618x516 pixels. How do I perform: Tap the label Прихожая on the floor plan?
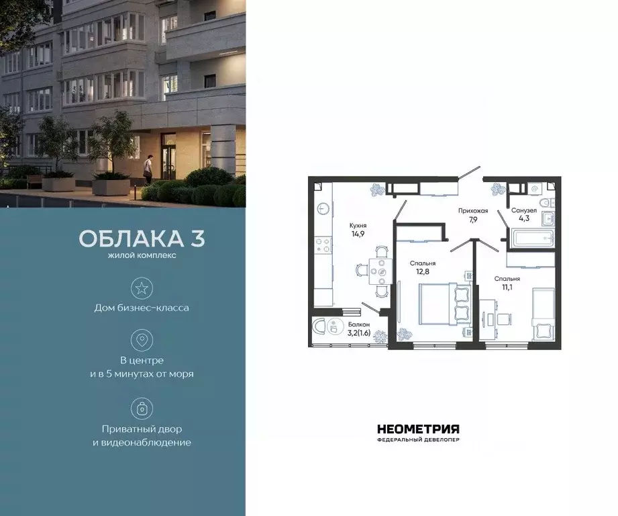[x=472, y=210]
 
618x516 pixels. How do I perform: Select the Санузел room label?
[x=523, y=210]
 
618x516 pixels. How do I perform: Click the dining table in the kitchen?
[x=381, y=271]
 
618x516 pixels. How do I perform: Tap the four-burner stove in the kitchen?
[x=323, y=245]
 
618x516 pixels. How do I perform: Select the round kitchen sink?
[x=321, y=209]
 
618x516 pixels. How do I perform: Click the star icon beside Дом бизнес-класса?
[x=142, y=289]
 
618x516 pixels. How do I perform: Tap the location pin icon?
[x=142, y=341]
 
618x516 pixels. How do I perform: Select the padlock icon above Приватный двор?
[x=142, y=408]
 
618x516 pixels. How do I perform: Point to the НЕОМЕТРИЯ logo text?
[x=418, y=429]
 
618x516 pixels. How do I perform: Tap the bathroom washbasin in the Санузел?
[x=548, y=216]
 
